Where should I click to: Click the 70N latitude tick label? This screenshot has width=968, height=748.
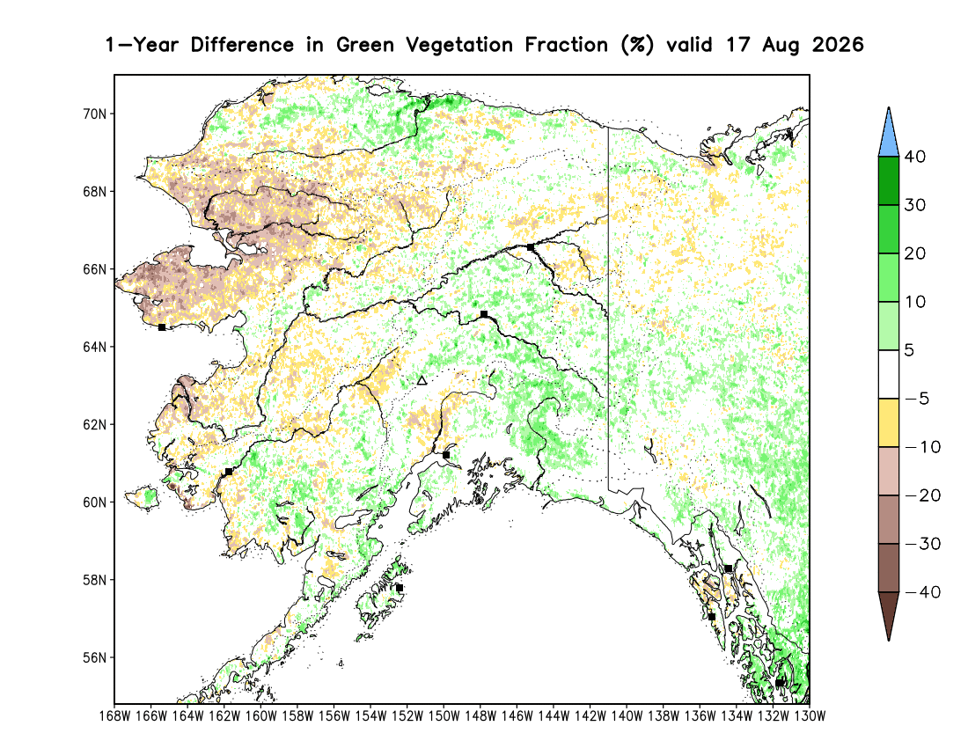94,114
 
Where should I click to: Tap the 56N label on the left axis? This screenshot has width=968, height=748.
94,658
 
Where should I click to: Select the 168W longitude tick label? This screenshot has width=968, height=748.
114,716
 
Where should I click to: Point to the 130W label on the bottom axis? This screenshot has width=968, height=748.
810,716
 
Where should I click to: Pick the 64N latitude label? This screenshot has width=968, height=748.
94,347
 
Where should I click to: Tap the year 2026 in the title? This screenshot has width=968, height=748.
838,45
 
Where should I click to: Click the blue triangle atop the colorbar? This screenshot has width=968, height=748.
889,133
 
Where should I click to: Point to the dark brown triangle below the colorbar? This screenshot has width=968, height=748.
889,615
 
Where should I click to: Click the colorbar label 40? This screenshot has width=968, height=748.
915,157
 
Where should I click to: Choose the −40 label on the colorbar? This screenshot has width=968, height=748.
922,592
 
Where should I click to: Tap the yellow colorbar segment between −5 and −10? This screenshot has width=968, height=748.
889,422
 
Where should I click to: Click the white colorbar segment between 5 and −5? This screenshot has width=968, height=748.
889,375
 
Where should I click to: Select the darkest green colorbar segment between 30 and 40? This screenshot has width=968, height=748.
889,180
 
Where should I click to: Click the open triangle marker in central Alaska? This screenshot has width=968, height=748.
422,381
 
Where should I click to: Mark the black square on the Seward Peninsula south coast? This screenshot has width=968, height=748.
162,327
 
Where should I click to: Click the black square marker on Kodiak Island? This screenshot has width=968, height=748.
400,588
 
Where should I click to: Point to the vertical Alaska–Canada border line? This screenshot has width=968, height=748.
608,309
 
